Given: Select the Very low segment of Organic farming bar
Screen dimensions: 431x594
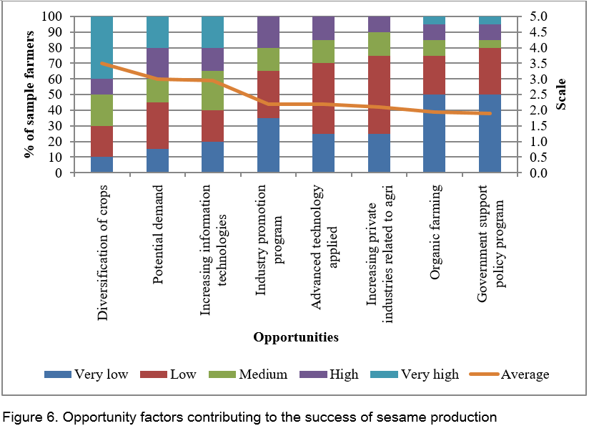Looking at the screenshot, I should click(435, 133).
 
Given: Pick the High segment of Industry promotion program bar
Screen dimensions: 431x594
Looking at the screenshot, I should click(268, 32).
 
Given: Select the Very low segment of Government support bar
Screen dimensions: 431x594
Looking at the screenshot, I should click(490, 133).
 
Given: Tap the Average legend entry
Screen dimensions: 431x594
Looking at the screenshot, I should click(525, 374).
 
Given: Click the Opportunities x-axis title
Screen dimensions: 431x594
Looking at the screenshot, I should click(295, 336).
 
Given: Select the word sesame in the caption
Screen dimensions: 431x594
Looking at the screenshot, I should click(386, 416).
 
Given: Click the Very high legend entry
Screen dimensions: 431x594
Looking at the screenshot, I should click(428, 374).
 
